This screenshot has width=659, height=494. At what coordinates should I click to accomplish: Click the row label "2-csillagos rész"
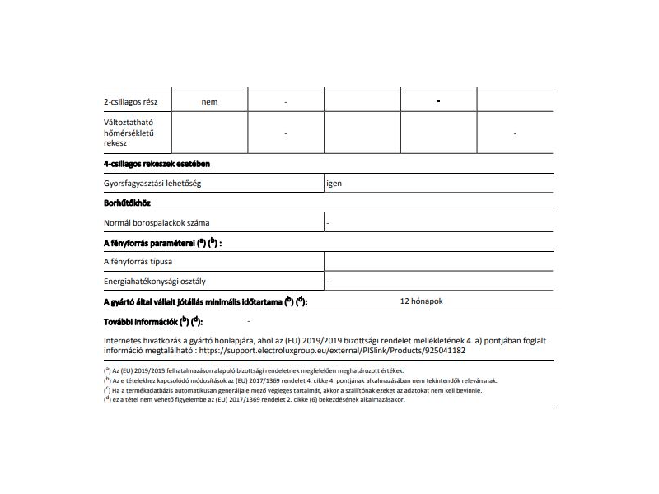coord(131,101)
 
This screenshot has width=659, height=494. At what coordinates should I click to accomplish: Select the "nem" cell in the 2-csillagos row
coord(209,101)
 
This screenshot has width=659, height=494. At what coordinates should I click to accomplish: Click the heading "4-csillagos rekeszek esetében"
coord(157,164)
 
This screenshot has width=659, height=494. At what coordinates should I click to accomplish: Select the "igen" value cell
coord(334,184)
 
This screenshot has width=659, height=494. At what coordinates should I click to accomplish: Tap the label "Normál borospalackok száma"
coord(156,222)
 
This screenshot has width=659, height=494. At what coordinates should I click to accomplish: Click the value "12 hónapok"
coord(421,301)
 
